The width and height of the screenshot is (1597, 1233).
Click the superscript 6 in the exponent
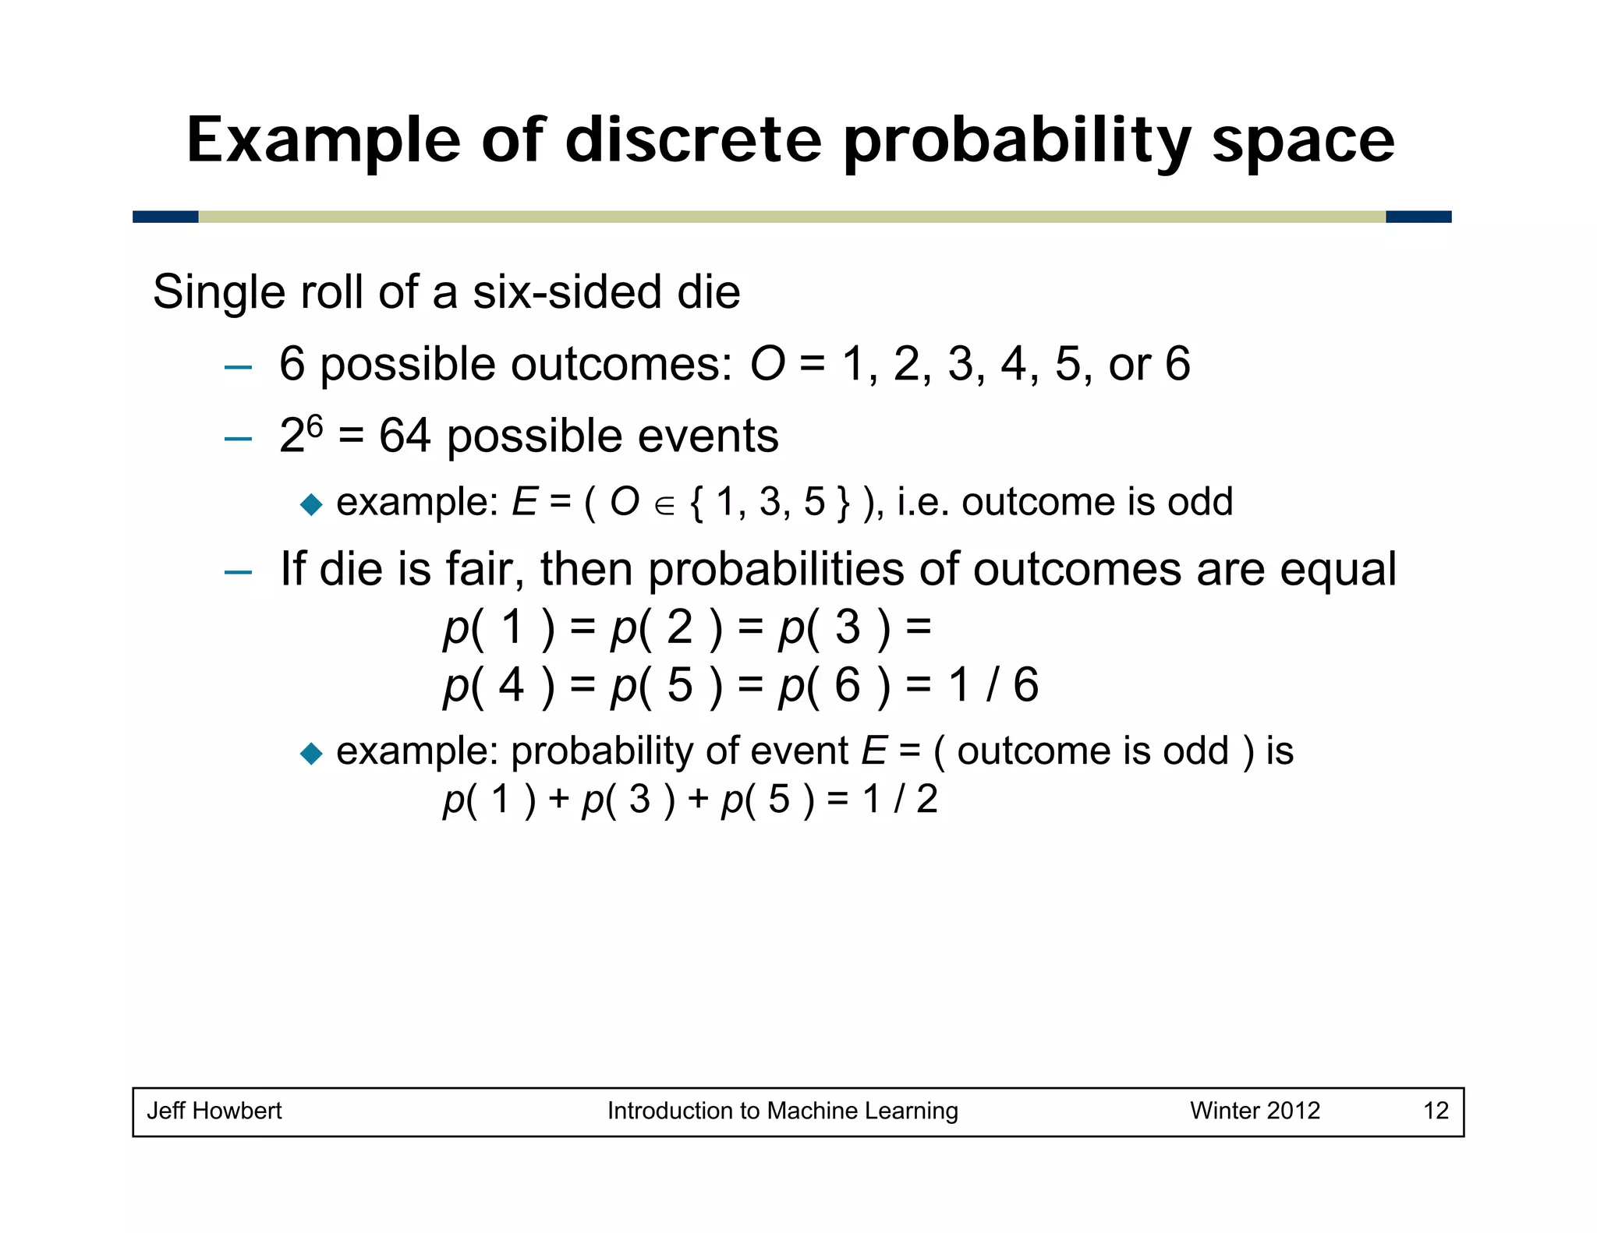[314, 425]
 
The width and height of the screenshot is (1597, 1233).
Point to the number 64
[404, 436]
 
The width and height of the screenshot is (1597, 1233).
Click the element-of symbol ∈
[664, 506]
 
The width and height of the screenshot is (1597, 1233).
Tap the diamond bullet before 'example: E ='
[311, 504]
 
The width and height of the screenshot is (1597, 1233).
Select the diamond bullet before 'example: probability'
[311, 753]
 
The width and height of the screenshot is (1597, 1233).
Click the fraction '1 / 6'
[993, 685]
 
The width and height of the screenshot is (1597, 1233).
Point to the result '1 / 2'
[900, 800]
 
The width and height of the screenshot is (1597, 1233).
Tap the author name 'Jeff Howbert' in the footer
[214, 1111]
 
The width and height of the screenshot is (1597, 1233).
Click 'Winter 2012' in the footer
[1255, 1111]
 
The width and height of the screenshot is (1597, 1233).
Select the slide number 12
[1436, 1111]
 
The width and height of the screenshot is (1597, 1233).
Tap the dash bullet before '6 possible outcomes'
[238, 366]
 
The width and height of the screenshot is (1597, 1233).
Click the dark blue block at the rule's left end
[165, 217]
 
